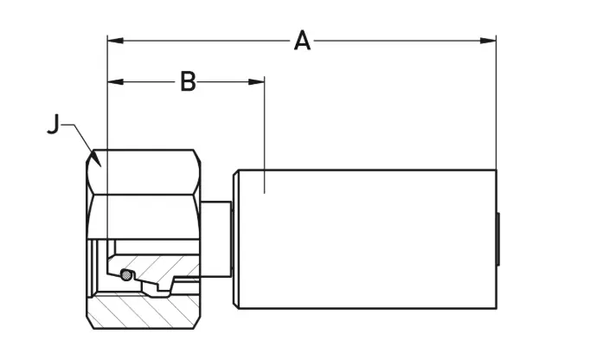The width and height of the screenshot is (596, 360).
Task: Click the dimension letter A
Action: pyautogui.click(x=301, y=40)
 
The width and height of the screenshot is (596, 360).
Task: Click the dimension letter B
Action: pyautogui.click(x=188, y=81)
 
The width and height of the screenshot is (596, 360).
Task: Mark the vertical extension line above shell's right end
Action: pyautogui.click(x=496, y=104)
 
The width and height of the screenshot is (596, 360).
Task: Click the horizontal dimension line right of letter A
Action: pyautogui.click(x=398, y=40)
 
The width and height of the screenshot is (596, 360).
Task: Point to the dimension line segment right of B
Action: pyautogui.click(x=229, y=82)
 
